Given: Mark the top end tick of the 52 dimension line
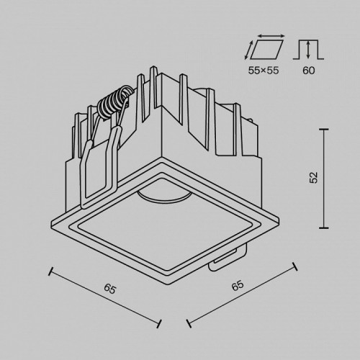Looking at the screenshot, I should coord(325,129).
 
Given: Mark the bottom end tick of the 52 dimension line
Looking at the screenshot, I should coord(325,224).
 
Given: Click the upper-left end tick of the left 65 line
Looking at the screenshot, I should coord(49,271).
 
